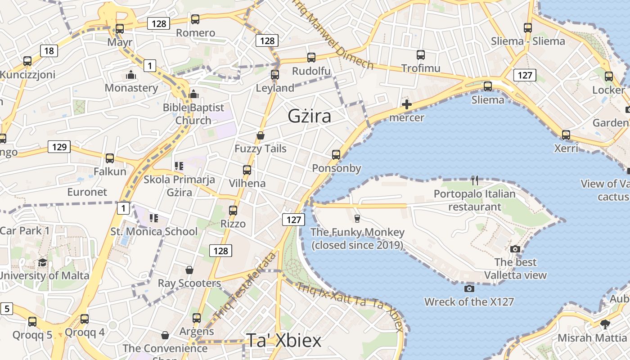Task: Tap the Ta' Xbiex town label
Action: point(283,340)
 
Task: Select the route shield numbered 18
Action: point(49,51)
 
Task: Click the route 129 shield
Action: point(59,147)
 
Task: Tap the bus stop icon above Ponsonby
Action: point(336,155)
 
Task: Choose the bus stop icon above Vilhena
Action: point(247,170)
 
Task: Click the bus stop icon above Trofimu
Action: point(421,55)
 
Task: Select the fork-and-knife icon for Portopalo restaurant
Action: point(474,180)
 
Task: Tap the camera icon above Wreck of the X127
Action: point(469,288)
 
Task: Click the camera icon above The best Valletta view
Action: point(515,249)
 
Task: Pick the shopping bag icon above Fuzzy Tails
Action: point(260,135)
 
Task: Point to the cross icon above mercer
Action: point(406,105)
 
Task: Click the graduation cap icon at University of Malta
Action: point(42,262)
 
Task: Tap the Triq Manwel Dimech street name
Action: point(333,35)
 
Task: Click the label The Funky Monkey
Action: point(358,233)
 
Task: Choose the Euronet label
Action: point(87,192)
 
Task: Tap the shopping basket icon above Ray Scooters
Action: point(189,270)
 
